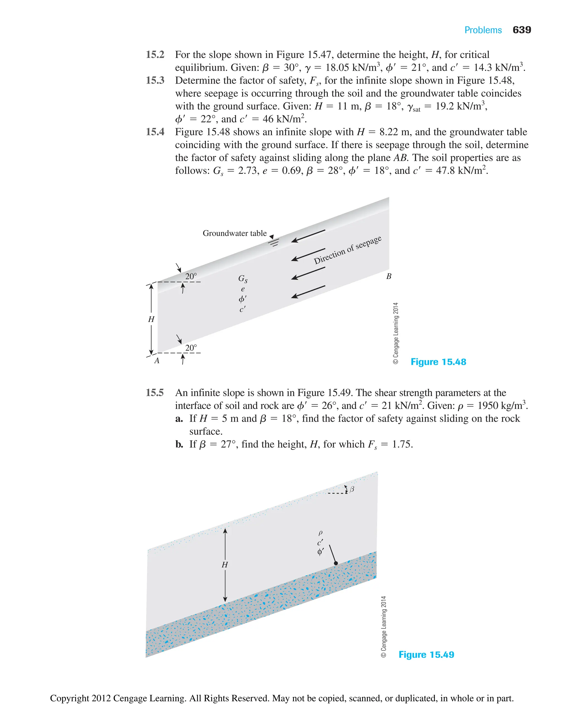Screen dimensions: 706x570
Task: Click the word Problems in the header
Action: click(x=483, y=30)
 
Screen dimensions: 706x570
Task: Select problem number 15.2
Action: click(x=155, y=55)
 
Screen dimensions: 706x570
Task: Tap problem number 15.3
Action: click(x=155, y=80)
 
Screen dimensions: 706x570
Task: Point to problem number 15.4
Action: click(x=155, y=132)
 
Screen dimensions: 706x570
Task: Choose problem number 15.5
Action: click(x=155, y=393)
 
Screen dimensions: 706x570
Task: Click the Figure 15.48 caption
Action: click(x=438, y=362)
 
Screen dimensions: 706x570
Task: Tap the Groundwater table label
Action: click(x=234, y=233)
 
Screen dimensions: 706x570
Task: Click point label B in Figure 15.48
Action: click(x=389, y=276)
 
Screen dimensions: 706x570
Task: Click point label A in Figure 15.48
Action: click(x=157, y=361)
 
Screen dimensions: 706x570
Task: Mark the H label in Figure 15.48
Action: click(x=151, y=319)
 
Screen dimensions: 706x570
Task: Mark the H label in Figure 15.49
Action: click(x=225, y=565)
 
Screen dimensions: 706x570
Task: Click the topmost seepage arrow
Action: click(x=308, y=236)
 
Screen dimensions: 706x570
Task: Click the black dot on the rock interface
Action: click(x=336, y=563)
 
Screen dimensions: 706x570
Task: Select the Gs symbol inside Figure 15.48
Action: click(x=243, y=279)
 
